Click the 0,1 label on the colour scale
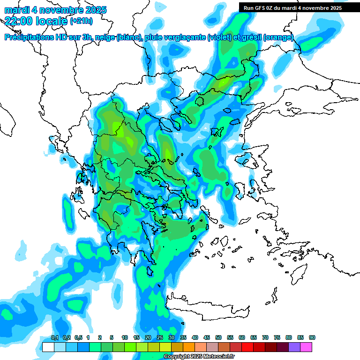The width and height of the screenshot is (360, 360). click(x=55, y=337)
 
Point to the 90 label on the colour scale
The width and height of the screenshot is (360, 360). click(x=312, y=337)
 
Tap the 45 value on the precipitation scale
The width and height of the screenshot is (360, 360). click(x=207, y=337)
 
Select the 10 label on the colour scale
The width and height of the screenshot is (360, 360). click(x=125, y=337)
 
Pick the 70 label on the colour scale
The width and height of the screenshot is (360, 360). click(x=265, y=337)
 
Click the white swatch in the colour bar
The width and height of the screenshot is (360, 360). click(x=48, y=347)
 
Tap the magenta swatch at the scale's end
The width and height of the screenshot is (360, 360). click(x=306, y=347)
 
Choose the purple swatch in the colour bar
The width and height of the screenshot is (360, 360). click(x=294, y=347)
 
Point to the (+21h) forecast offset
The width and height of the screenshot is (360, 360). click(x=81, y=21)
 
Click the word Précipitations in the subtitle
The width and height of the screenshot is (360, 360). click(x=32, y=37)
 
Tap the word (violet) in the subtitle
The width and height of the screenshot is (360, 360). click(x=219, y=37)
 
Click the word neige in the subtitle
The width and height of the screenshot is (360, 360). click(x=105, y=37)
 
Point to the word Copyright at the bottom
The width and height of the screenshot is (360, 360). click(x=177, y=357)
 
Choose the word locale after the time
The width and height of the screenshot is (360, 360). click(x=52, y=21)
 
